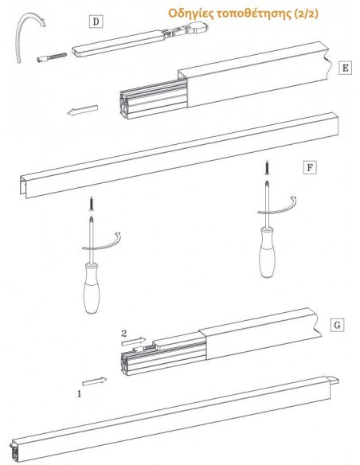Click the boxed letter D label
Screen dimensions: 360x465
[x=96, y=21]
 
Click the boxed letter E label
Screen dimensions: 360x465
[x=345, y=68]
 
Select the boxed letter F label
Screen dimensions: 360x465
[x=310, y=167]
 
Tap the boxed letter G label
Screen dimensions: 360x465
[x=337, y=325]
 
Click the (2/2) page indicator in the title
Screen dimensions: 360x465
[x=307, y=14]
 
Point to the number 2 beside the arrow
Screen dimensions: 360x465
[x=124, y=334]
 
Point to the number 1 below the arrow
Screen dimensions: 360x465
[x=79, y=394]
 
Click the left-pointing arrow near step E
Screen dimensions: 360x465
[x=83, y=110]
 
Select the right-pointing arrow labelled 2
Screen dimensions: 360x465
[x=134, y=342]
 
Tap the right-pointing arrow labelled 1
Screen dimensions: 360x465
[x=95, y=381]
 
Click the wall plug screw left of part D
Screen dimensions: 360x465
[x=52, y=57]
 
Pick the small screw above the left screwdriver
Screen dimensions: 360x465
[x=92, y=204]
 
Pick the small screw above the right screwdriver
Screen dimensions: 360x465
[x=267, y=167]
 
